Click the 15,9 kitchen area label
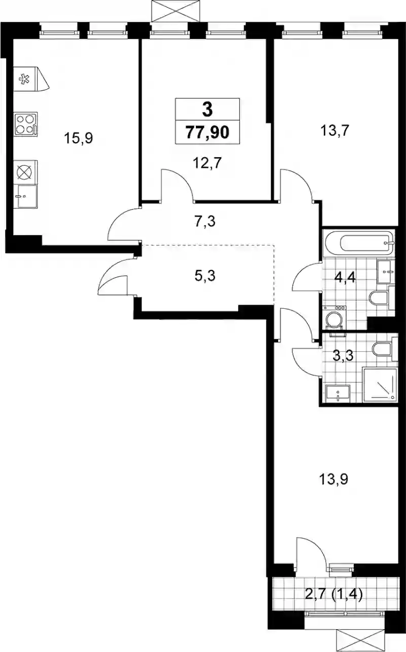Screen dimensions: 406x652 point(78,138)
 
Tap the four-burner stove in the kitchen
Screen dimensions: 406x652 point(26,124)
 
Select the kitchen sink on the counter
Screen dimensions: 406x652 point(26,196)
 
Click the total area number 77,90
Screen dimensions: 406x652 point(208,132)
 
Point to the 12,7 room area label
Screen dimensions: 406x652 point(208,163)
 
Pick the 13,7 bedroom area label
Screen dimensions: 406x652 point(334,130)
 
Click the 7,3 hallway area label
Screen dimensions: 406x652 point(205,221)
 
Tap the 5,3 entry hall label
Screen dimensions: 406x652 point(205,275)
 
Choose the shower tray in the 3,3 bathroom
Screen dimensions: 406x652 point(380,385)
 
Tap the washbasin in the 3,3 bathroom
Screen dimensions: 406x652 point(338,393)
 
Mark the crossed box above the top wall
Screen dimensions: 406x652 point(176,11)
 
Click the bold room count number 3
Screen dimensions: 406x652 point(208,111)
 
